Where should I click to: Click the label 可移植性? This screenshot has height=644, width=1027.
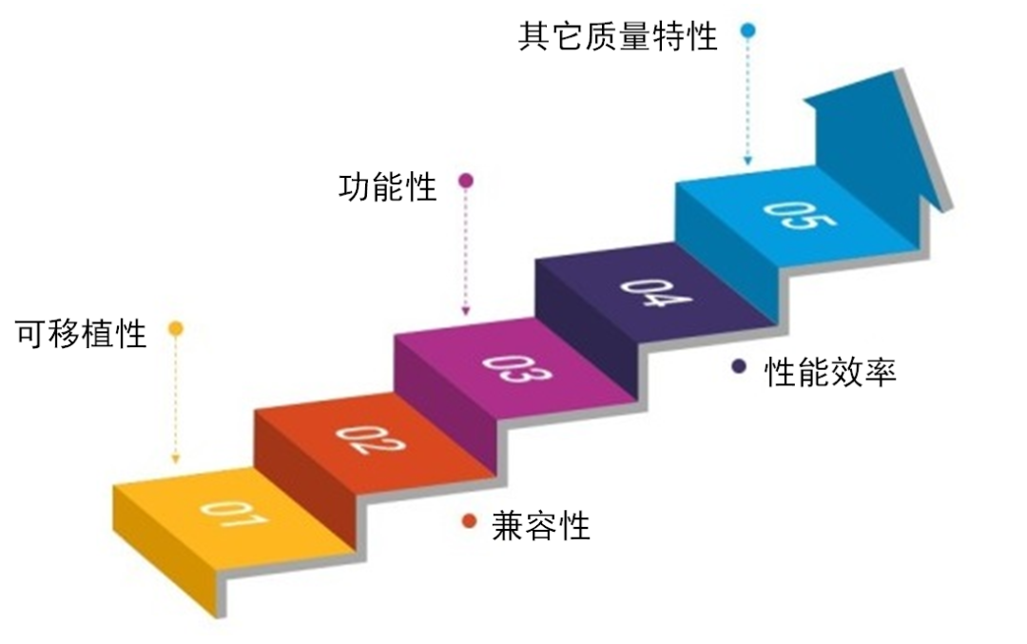(x=81, y=334)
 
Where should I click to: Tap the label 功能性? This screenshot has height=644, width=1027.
(x=388, y=187)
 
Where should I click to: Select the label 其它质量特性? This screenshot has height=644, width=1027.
(x=618, y=36)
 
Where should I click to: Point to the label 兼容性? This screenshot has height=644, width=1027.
(x=541, y=525)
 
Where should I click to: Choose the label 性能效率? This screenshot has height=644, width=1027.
(x=830, y=372)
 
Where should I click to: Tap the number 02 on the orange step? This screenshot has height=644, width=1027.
(x=370, y=439)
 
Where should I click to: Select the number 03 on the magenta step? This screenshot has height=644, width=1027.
(x=516, y=369)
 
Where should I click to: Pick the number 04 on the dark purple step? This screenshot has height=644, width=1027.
(x=655, y=293)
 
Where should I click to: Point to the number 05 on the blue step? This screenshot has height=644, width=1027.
(x=800, y=216)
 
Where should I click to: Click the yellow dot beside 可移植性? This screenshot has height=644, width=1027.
(x=176, y=328)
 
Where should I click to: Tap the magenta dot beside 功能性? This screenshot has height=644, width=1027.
(x=466, y=181)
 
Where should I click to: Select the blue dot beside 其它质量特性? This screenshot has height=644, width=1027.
(x=748, y=30)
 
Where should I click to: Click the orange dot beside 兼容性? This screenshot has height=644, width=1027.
(x=469, y=521)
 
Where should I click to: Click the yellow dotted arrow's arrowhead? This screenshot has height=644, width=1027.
(x=176, y=459)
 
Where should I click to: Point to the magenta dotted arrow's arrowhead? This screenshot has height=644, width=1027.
(x=466, y=312)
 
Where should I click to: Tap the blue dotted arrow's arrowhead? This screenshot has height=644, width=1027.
(x=748, y=161)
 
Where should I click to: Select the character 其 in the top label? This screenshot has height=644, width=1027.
(x=533, y=36)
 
